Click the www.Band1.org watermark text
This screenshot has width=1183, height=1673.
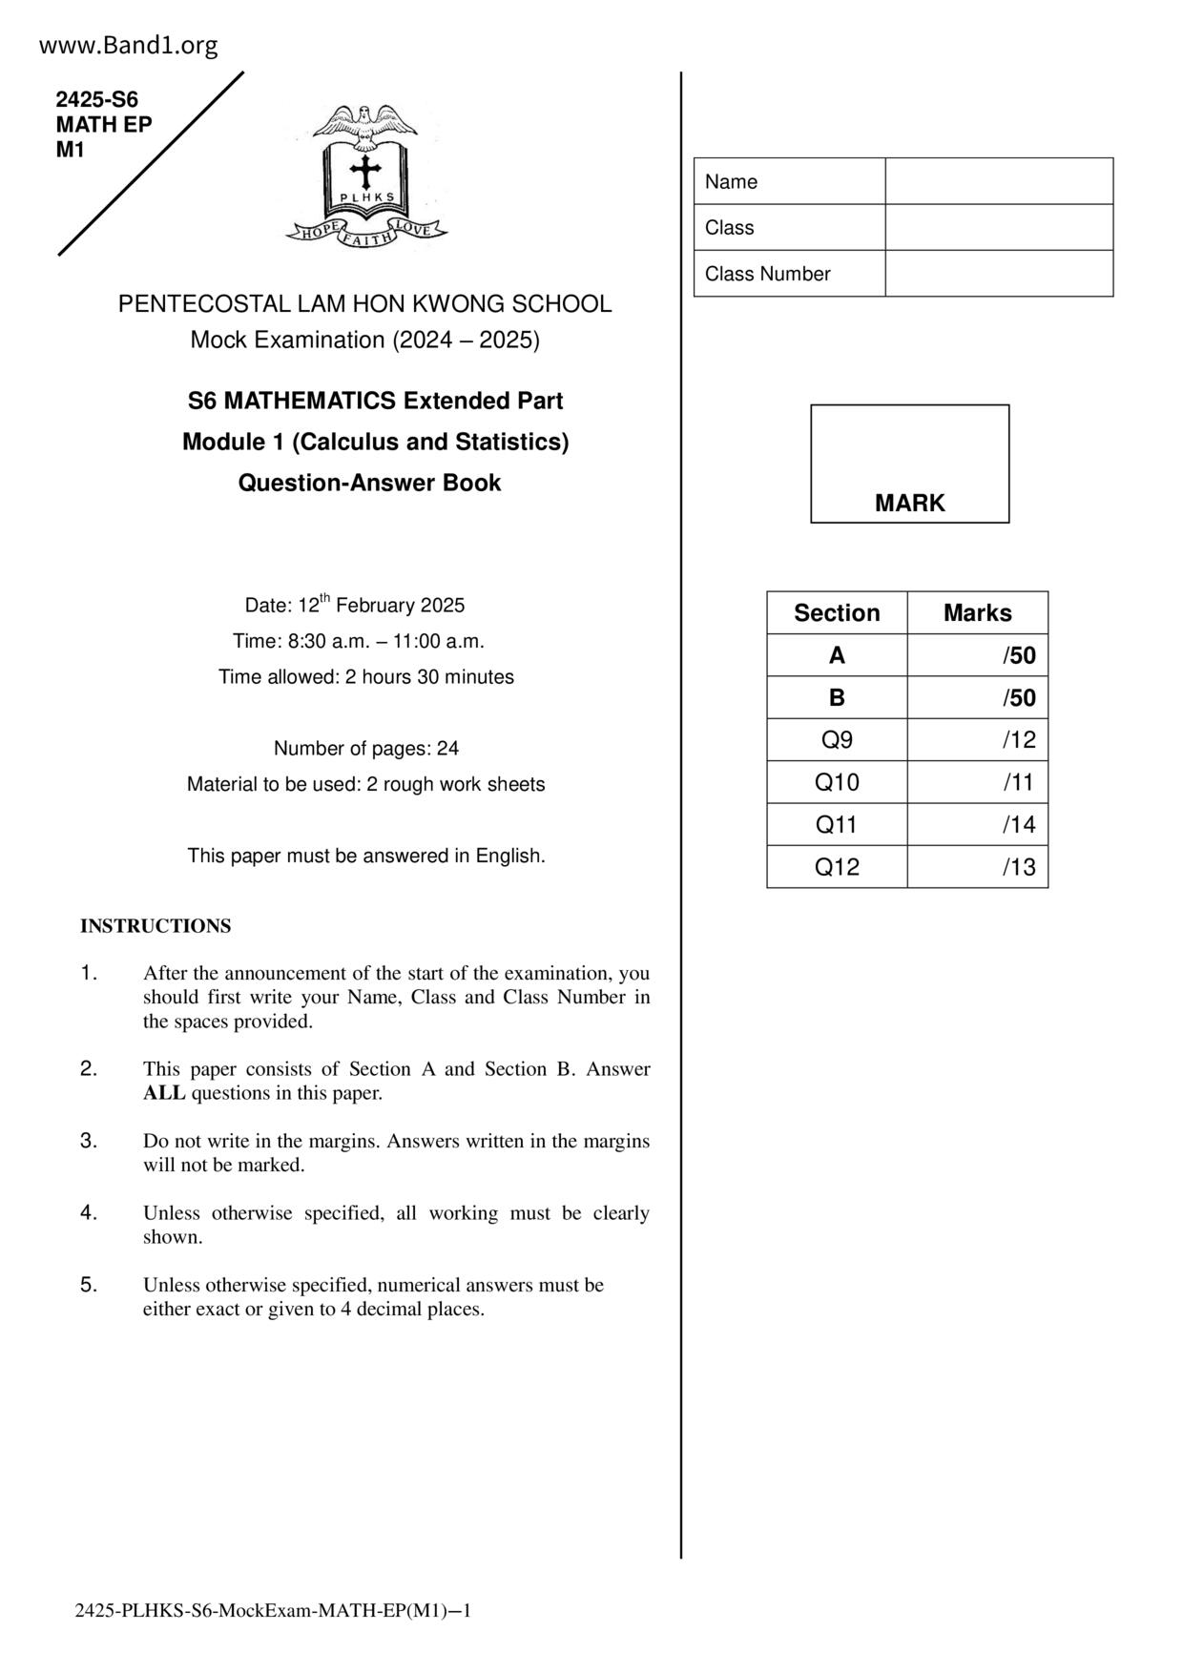point(129,45)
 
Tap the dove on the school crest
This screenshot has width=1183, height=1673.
point(365,124)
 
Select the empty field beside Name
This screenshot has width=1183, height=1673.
point(998,181)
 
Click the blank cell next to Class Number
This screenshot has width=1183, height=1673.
point(998,274)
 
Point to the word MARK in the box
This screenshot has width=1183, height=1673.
point(909,504)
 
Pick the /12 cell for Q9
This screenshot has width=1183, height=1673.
point(978,740)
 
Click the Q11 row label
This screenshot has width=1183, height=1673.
point(837,825)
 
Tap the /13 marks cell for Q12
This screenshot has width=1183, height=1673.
point(978,867)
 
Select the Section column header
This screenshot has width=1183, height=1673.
point(837,613)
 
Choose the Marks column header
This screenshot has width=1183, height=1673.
point(978,613)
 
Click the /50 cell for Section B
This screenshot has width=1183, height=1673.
point(978,698)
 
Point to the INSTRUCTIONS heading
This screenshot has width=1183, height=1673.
point(156,926)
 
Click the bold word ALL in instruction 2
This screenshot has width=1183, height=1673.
point(164,1093)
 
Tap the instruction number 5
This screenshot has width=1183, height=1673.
point(89,1285)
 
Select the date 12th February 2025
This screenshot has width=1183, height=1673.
point(381,606)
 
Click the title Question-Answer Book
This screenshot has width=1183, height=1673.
point(369,483)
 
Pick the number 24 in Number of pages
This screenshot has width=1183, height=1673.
point(447,749)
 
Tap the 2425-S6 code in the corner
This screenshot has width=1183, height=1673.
point(97,99)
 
